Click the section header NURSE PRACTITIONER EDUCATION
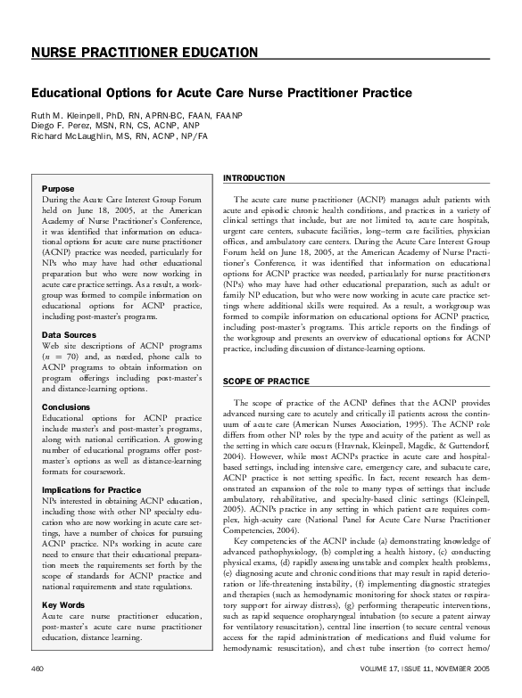(145, 53)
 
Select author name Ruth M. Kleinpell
(68, 116)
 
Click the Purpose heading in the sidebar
(58, 189)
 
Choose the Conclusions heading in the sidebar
(66, 406)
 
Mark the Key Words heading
(63, 604)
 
